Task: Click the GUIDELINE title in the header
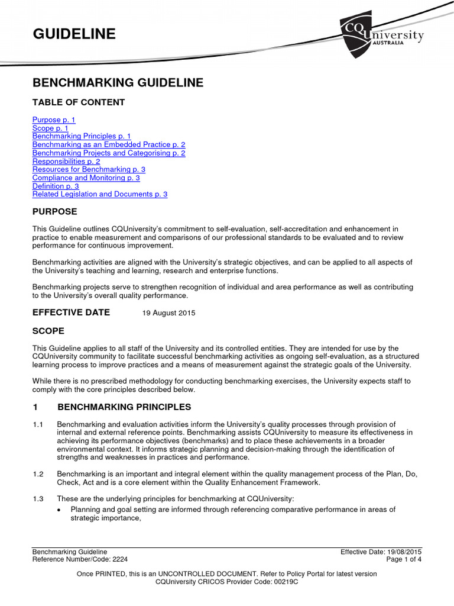(74, 34)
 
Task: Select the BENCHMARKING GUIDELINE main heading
(118, 83)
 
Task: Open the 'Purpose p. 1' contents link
(54, 120)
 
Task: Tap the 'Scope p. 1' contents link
(50, 128)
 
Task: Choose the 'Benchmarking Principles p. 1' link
(82, 136)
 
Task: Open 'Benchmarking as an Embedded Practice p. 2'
(109, 144)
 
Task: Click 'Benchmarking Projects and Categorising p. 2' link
(109, 153)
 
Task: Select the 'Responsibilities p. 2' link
(66, 161)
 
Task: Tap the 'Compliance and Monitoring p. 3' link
(86, 178)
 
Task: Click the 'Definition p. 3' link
(56, 186)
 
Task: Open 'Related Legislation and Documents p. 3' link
(100, 194)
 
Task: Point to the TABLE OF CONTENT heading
(79, 102)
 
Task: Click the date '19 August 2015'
(169, 313)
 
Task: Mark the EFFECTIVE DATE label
(71, 312)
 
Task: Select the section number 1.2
(38, 474)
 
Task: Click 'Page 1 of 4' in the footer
(404, 559)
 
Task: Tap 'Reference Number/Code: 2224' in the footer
(80, 559)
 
